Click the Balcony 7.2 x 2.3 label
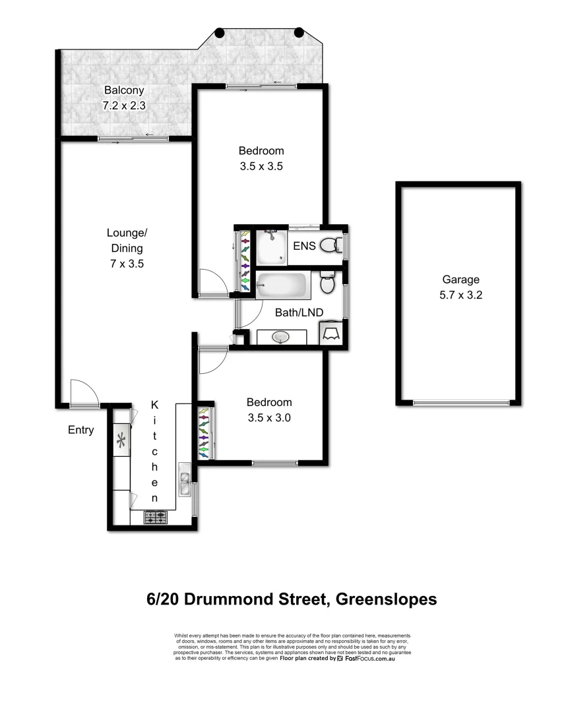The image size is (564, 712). pos(123,98)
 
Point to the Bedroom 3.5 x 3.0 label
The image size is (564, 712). pos(269,409)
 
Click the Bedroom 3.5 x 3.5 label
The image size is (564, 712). pos(261,158)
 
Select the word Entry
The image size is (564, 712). pos(81,430)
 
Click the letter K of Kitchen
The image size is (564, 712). pos(154,404)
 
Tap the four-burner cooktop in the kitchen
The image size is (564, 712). pos(156,518)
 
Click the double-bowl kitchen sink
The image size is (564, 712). pos(185,482)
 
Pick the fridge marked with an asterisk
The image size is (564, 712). pos(121,441)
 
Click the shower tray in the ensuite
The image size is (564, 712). pos(272,247)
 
